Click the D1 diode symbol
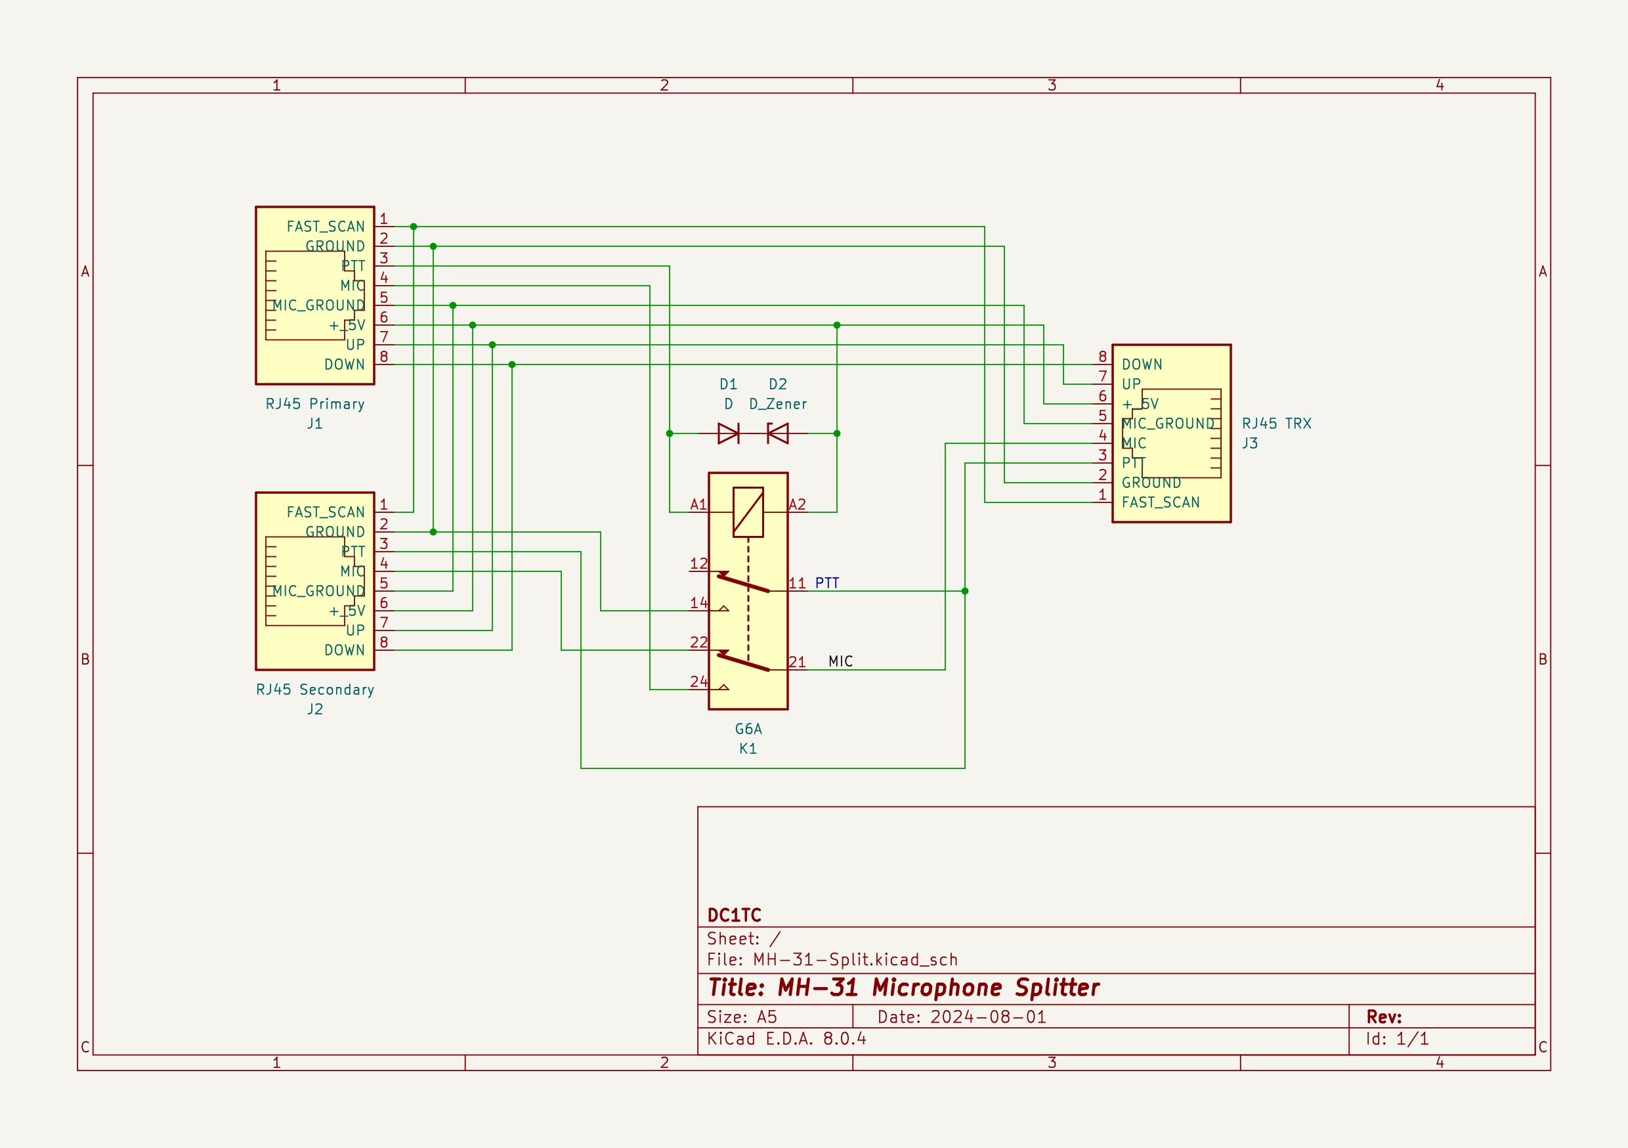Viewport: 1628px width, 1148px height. click(x=728, y=433)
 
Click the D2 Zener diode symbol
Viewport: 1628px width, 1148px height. click(x=778, y=433)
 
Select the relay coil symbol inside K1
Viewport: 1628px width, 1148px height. click(x=748, y=512)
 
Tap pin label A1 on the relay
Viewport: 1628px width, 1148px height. click(x=698, y=504)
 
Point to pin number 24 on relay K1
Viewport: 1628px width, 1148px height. click(x=698, y=681)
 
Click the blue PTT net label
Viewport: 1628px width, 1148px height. click(x=826, y=583)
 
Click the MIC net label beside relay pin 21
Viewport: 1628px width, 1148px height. click(x=840, y=661)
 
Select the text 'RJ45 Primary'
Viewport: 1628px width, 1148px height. click(x=315, y=404)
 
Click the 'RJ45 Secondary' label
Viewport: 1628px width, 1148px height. click(x=315, y=690)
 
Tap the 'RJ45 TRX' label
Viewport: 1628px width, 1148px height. click(x=1276, y=424)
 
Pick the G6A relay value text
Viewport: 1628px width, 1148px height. click(x=748, y=729)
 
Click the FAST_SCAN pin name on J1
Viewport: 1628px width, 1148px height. click(x=326, y=227)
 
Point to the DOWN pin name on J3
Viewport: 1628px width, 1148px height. click(x=1142, y=364)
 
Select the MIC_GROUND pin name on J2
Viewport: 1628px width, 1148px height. click(x=319, y=591)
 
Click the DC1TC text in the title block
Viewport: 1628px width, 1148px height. click(x=734, y=916)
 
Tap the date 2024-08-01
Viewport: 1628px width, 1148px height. click(x=988, y=1017)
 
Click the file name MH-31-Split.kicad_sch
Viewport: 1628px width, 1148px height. click(x=855, y=960)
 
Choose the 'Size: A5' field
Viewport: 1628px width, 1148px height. click(x=742, y=1017)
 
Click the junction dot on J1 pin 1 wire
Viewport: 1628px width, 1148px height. click(x=414, y=227)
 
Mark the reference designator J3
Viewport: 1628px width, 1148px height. click(x=1249, y=443)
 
